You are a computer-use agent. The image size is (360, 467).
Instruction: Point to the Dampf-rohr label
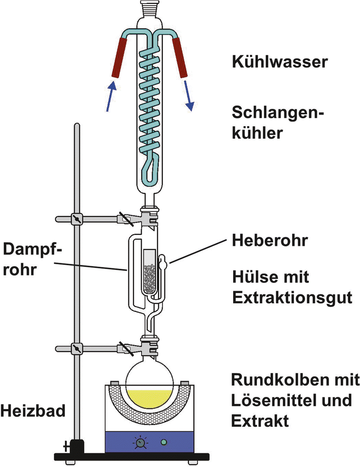31,259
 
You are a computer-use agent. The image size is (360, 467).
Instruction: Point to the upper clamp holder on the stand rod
77,220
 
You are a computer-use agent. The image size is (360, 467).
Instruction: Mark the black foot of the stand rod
77,447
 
